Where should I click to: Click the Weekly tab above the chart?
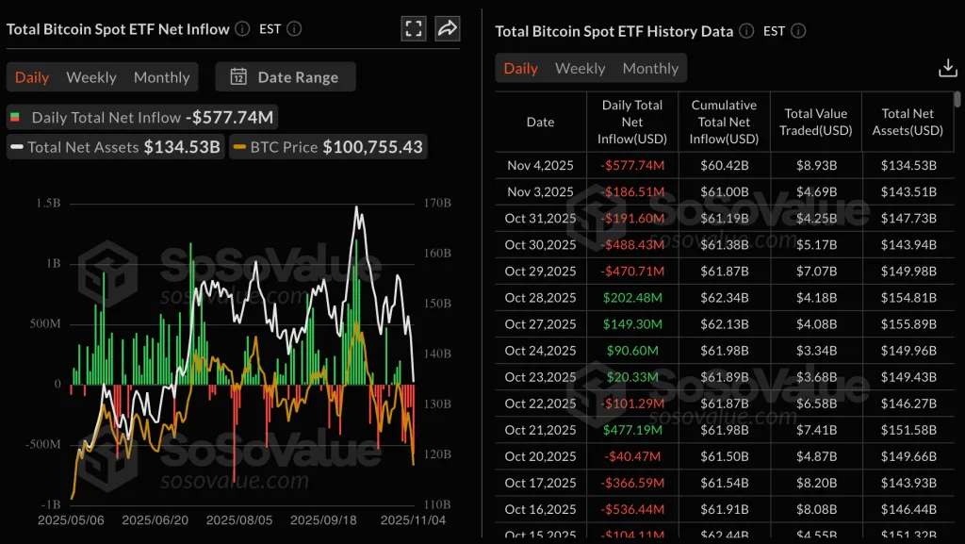coord(91,77)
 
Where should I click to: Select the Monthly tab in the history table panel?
coord(650,68)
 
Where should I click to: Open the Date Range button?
coord(285,77)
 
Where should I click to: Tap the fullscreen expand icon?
coord(413,28)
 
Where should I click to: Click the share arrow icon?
coord(448,28)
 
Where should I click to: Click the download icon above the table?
coord(948,68)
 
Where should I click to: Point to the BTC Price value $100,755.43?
coord(373,146)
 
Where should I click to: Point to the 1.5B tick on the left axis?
coord(49,203)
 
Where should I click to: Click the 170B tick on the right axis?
coord(438,203)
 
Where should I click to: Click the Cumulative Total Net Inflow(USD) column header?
coord(724,122)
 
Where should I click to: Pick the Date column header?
coord(540,122)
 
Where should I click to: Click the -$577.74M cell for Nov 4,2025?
coord(632,165)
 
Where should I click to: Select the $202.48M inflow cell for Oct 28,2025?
coord(632,297)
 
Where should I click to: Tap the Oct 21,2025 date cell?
coord(540,430)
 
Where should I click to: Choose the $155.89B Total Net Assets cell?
coord(908,323)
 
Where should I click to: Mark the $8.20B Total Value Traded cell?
coord(816,483)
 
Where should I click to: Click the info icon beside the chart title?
coord(242,29)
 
